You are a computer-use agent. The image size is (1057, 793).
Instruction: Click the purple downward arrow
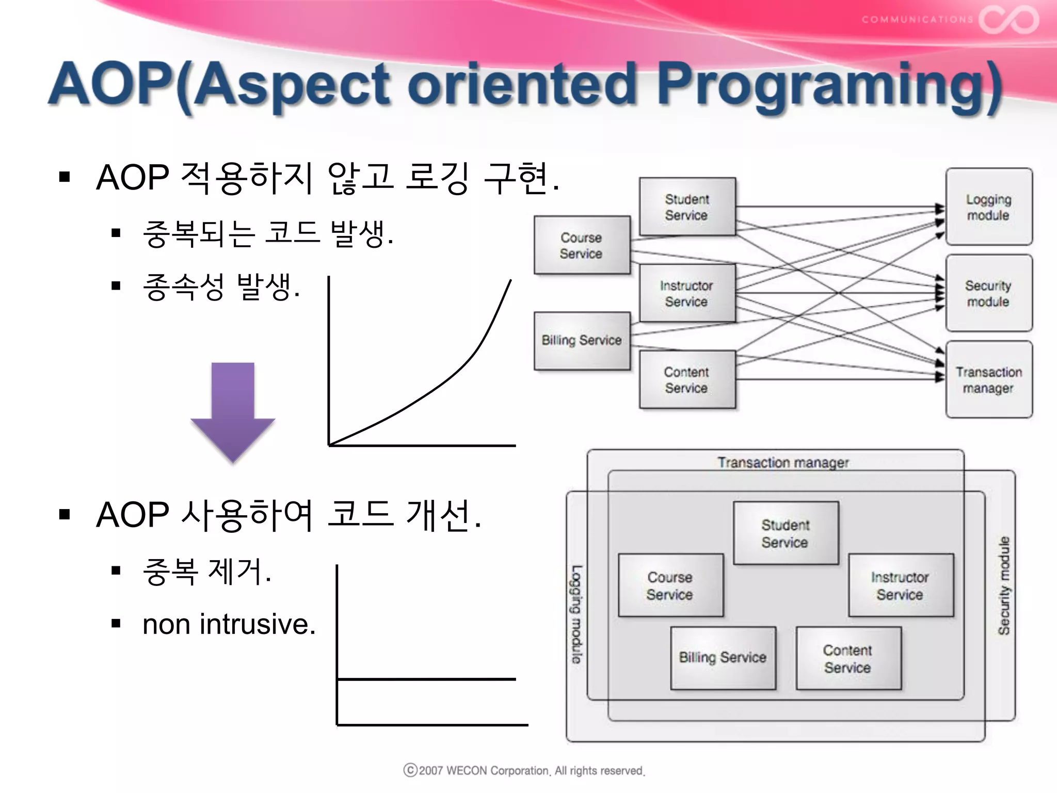[x=233, y=408]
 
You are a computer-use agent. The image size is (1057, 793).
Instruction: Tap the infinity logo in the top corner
[x=1008, y=20]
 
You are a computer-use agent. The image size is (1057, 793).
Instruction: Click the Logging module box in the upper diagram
[x=989, y=207]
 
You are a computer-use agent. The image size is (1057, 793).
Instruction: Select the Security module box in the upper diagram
[x=989, y=293]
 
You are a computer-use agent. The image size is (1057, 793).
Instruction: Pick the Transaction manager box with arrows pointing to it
[x=989, y=379]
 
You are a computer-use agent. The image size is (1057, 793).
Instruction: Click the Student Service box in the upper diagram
[x=687, y=207]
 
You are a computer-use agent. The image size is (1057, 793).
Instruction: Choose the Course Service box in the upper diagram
[x=582, y=245]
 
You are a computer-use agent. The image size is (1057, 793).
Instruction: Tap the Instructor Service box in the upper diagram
[x=687, y=293]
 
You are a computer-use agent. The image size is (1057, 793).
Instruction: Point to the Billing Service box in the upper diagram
[x=582, y=340]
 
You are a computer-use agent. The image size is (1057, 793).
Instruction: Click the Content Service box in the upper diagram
[x=687, y=379]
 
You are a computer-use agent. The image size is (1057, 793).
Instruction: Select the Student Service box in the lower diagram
[x=786, y=533]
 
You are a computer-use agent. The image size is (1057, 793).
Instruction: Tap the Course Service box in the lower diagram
[x=670, y=585]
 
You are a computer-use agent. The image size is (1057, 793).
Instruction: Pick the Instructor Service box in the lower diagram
[x=901, y=585]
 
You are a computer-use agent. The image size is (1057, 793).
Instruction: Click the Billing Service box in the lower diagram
[x=723, y=658]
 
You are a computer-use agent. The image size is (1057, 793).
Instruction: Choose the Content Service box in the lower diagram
[x=848, y=658]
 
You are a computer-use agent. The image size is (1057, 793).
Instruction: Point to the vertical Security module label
[x=1004, y=585]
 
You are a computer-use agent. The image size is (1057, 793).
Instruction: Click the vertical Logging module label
[x=576, y=614]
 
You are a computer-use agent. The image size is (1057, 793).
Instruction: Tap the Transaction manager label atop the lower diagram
[x=783, y=463]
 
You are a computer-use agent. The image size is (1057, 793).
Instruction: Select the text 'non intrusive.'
[x=229, y=624]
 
